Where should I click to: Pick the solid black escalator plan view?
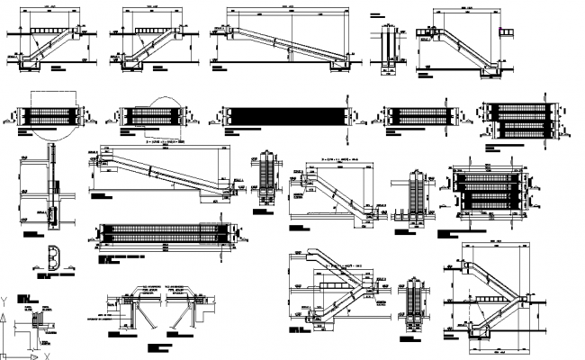click(286, 116)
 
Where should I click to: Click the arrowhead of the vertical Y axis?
click(5, 302)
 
